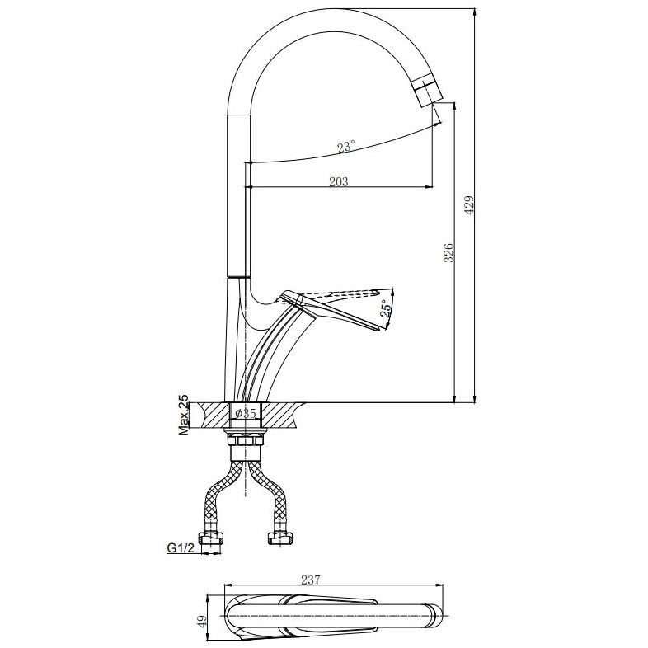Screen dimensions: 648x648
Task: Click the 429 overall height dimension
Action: [469, 205]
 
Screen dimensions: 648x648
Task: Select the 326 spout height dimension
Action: [448, 252]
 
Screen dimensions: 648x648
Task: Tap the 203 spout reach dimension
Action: [339, 182]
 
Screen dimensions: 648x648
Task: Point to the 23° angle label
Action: [345, 147]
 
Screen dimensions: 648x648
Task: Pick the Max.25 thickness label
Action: [184, 415]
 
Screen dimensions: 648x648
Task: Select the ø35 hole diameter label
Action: [246, 413]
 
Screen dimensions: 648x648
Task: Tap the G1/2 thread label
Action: [181, 548]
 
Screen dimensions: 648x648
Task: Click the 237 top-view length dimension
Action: [310, 580]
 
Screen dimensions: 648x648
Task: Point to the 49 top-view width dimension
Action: [202, 622]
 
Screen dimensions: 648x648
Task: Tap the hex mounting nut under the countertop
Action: [246, 440]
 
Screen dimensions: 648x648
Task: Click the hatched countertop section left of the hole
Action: [214, 415]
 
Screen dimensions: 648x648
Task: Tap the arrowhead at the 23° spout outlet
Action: [437, 121]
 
